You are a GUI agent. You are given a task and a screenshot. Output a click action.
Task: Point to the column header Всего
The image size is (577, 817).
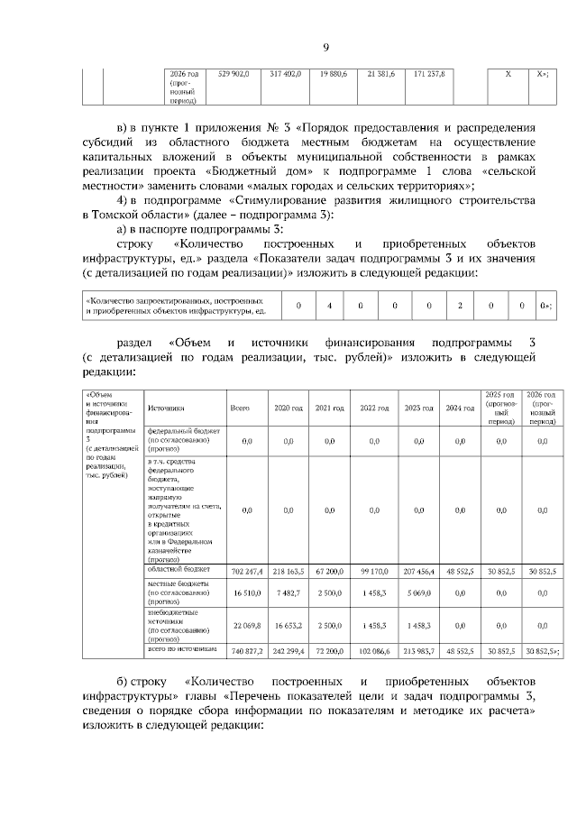[x=240, y=408]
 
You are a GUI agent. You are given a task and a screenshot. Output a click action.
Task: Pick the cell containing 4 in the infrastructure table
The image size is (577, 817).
[x=329, y=306]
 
